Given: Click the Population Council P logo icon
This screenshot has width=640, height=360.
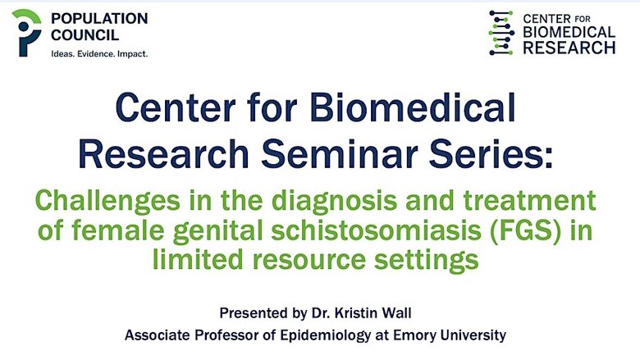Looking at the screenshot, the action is (x=26, y=33).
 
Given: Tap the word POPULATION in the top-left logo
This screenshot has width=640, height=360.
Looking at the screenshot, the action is (x=99, y=18).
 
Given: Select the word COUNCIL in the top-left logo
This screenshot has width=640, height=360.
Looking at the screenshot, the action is (x=85, y=35).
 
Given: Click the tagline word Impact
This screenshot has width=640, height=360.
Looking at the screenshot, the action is (x=133, y=54).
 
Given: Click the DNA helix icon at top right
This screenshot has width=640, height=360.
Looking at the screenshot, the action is (x=501, y=33).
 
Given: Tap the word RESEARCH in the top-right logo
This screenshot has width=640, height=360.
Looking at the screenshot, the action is (x=569, y=48).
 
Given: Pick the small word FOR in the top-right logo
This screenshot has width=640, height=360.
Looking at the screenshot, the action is (x=582, y=18).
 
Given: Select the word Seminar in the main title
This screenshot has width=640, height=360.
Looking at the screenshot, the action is (x=340, y=153).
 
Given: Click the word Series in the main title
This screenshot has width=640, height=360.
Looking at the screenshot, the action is (x=491, y=153).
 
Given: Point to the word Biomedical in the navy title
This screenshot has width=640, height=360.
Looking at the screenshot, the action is (x=412, y=107).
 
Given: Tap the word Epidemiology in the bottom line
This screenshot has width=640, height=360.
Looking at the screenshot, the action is (x=325, y=335).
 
